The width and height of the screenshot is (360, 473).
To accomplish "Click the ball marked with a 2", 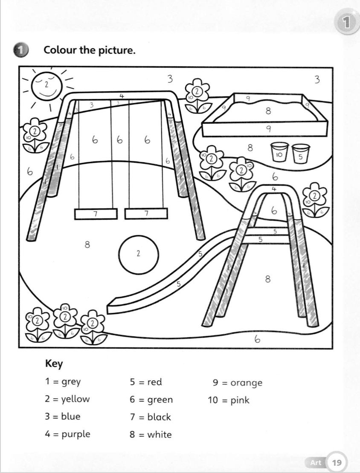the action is coord(139,253).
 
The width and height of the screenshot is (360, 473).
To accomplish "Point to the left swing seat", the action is coord(96,213).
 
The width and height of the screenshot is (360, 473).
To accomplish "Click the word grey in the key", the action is coord(71,382).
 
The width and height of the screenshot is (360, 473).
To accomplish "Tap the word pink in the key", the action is coord(240,400).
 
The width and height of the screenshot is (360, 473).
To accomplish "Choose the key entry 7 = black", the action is coord(150,417).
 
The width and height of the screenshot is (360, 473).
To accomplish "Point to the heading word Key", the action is coord(54,364).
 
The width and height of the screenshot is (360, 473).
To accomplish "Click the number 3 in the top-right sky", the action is coord(316,79).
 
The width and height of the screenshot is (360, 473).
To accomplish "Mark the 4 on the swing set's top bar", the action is coord(122,96).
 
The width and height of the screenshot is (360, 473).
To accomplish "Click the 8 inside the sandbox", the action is coord(268,111).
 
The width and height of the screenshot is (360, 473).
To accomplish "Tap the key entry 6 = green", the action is coord(151,400).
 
